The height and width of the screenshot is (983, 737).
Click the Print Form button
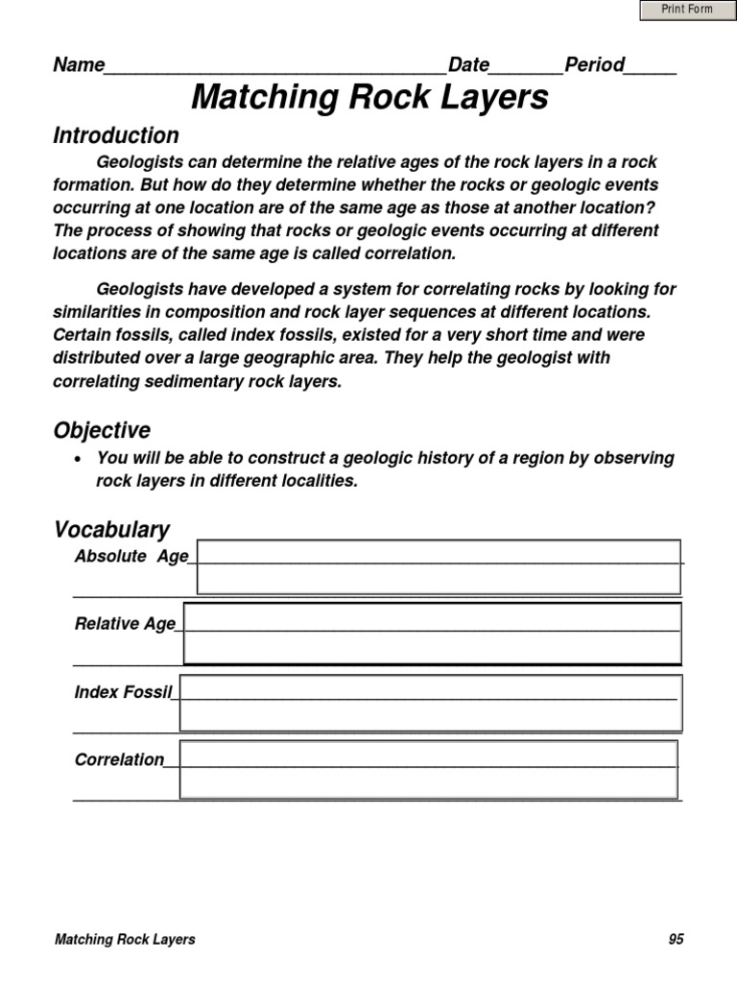[x=687, y=10]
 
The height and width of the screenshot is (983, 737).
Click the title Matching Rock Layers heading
[x=369, y=97]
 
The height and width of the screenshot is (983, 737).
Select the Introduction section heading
[x=116, y=135]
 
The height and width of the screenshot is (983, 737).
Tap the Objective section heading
[x=102, y=430]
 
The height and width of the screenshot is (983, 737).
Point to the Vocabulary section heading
[x=111, y=530]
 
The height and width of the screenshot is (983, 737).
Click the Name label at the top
[x=79, y=65]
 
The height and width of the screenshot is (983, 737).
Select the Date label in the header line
[x=469, y=65]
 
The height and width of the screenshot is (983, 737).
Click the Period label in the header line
[x=595, y=65]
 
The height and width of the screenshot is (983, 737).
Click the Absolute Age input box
[x=439, y=567]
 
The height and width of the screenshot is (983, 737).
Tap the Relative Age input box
[x=432, y=634]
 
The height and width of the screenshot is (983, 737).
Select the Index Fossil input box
[x=431, y=703]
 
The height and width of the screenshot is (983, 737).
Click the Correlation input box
[x=428, y=769]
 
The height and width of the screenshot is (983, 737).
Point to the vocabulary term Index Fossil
[x=122, y=692]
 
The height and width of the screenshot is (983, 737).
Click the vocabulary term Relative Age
[x=125, y=624]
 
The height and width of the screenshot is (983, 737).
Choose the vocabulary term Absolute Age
[x=131, y=557]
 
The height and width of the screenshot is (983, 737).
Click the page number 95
[x=677, y=940]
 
